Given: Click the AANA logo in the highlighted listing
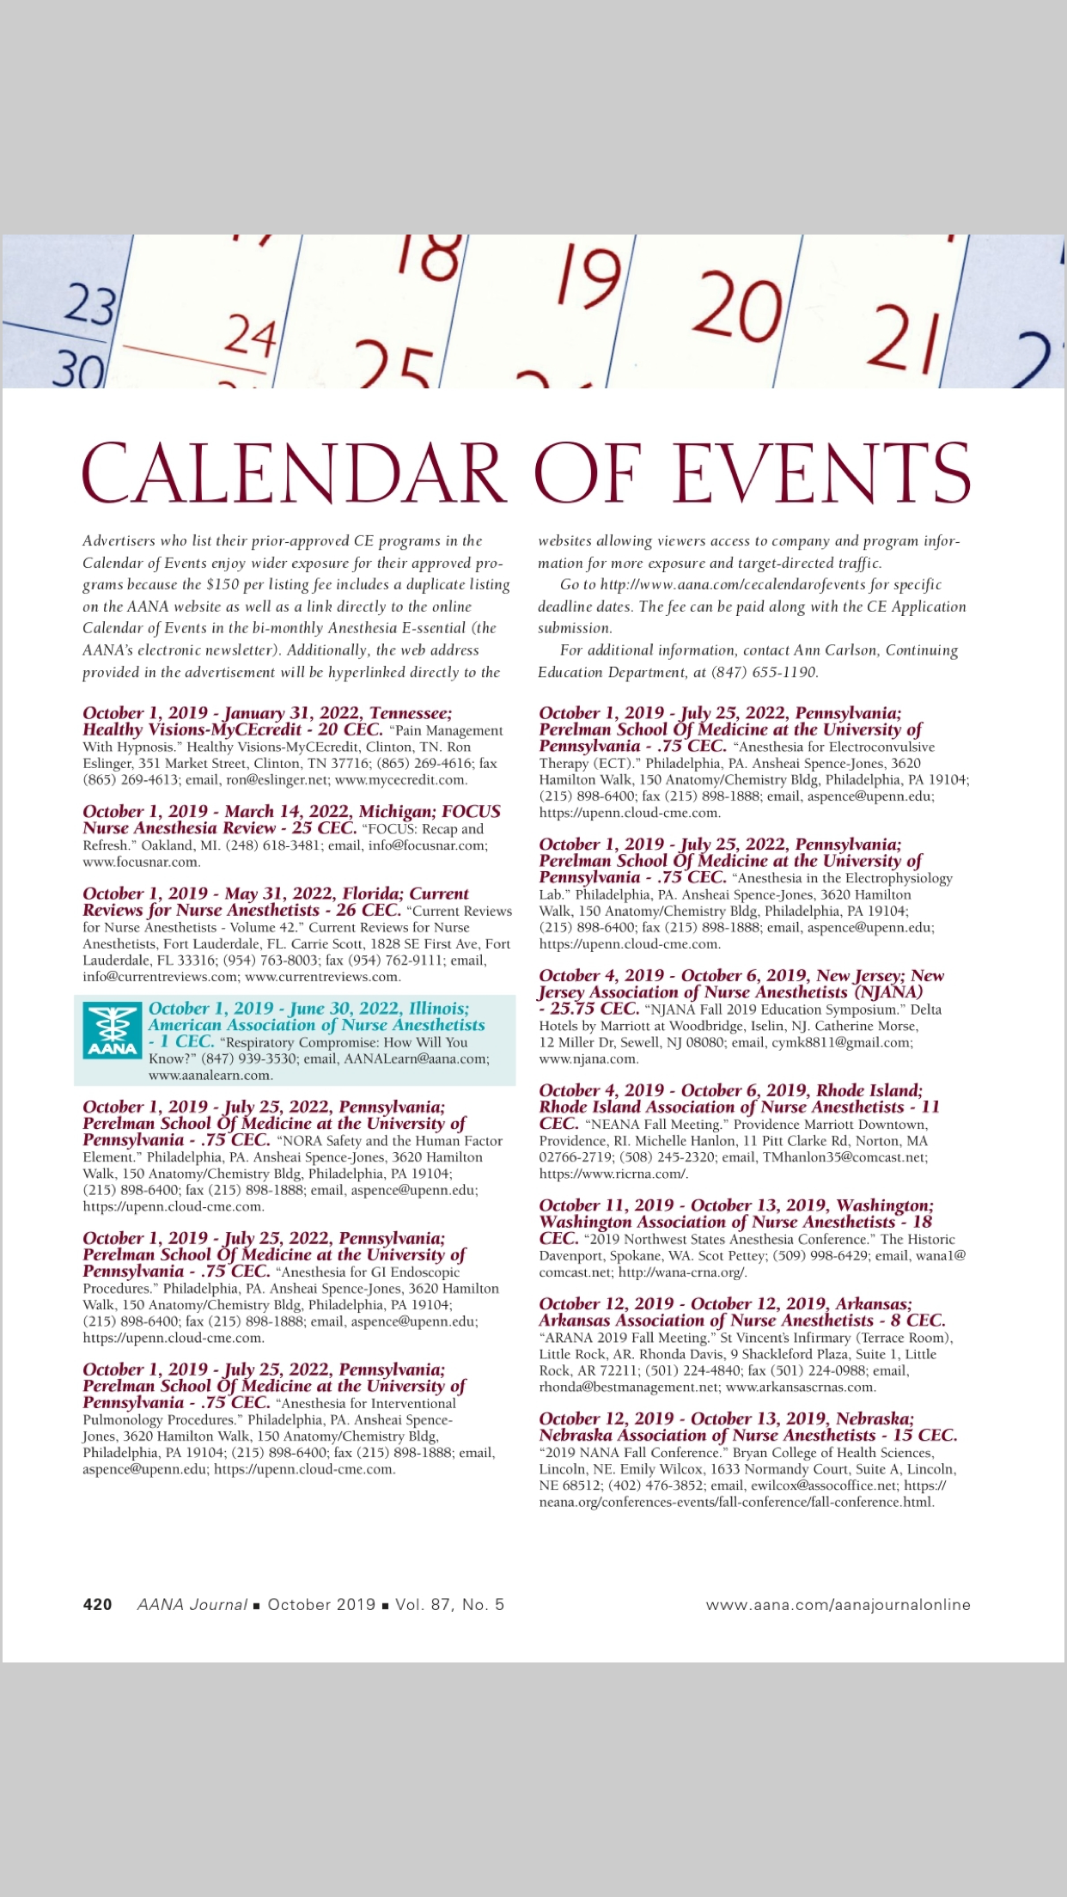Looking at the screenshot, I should pyautogui.click(x=113, y=1031).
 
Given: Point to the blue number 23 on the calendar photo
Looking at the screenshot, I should pyautogui.click(x=90, y=306).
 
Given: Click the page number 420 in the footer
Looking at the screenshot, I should pyautogui.click(x=97, y=1604).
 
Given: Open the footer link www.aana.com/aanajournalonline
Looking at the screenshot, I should pyautogui.click(x=838, y=1604).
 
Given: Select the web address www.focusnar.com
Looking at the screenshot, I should pyautogui.click(x=141, y=862).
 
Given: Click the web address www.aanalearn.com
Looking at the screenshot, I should pyautogui.click(x=210, y=1075).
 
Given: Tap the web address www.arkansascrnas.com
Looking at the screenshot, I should pyautogui.click(x=801, y=1387).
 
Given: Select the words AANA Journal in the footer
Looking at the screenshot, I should pyautogui.click(x=192, y=1604).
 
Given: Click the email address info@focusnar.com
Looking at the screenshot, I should pyautogui.click(x=426, y=845).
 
